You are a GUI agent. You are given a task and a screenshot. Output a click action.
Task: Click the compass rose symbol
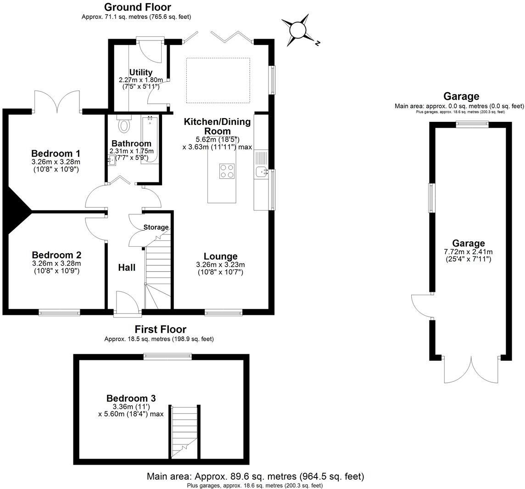click(x=297, y=30)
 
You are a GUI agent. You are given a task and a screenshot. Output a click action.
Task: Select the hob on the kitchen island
click(x=227, y=171)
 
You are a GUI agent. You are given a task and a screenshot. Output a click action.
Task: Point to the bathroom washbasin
click(x=112, y=160)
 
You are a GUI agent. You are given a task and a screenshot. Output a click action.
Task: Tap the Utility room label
click(x=141, y=72)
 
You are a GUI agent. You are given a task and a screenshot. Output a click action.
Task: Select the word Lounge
click(x=220, y=256)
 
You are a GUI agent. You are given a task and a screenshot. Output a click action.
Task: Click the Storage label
click(x=156, y=227)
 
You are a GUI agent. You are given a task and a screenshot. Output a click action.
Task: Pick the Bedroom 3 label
click(x=131, y=398)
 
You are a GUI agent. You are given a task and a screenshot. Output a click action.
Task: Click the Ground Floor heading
click(x=137, y=7)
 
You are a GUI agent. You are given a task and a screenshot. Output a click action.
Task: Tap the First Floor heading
click(x=160, y=329)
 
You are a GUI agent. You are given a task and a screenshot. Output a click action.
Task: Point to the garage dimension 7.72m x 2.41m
click(x=468, y=252)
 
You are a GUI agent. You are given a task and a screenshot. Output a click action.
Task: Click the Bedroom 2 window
click(x=59, y=313)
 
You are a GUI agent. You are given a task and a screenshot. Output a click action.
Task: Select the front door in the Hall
click(x=127, y=303)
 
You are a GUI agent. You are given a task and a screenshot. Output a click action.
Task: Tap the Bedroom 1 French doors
click(x=57, y=102)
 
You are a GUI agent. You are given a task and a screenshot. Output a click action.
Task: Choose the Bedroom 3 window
click(x=167, y=356)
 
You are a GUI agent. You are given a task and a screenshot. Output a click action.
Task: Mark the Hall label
click(x=127, y=267)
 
